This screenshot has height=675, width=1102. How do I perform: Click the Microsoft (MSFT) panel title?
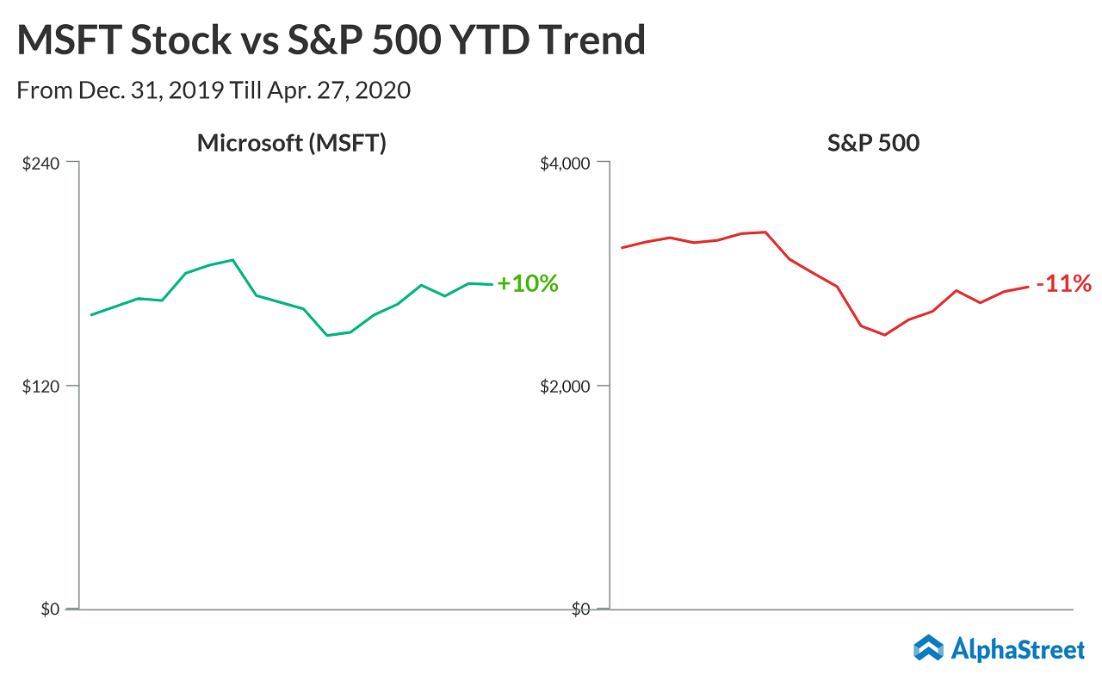pyautogui.click(x=291, y=142)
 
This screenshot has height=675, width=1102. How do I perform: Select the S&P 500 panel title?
pyautogui.click(x=873, y=142)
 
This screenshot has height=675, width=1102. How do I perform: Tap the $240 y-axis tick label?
pyautogui.click(x=40, y=163)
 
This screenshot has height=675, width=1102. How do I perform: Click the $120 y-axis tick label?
pyautogui.click(x=40, y=386)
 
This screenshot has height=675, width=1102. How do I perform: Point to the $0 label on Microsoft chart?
pyautogui.click(x=49, y=609)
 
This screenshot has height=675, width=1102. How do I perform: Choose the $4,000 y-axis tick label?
pyautogui.click(x=564, y=163)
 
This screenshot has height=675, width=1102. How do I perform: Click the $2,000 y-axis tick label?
pyautogui.click(x=564, y=386)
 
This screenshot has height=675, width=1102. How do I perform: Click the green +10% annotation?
pyautogui.click(x=528, y=283)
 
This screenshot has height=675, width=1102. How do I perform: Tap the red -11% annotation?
pyautogui.click(x=1063, y=283)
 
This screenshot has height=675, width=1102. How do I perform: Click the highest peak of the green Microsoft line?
pyautogui.click(x=232, y=259)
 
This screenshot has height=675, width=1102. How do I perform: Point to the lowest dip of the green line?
pyautogui.click(x=326, y=335)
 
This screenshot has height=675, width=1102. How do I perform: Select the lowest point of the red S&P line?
pyautogui.click(x=884, y=335)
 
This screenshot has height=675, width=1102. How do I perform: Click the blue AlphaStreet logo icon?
pyautogui.click(x=928, y=648)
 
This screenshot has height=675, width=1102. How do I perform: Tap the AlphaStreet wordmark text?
pyautogui.click(x=1018, y=648)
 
